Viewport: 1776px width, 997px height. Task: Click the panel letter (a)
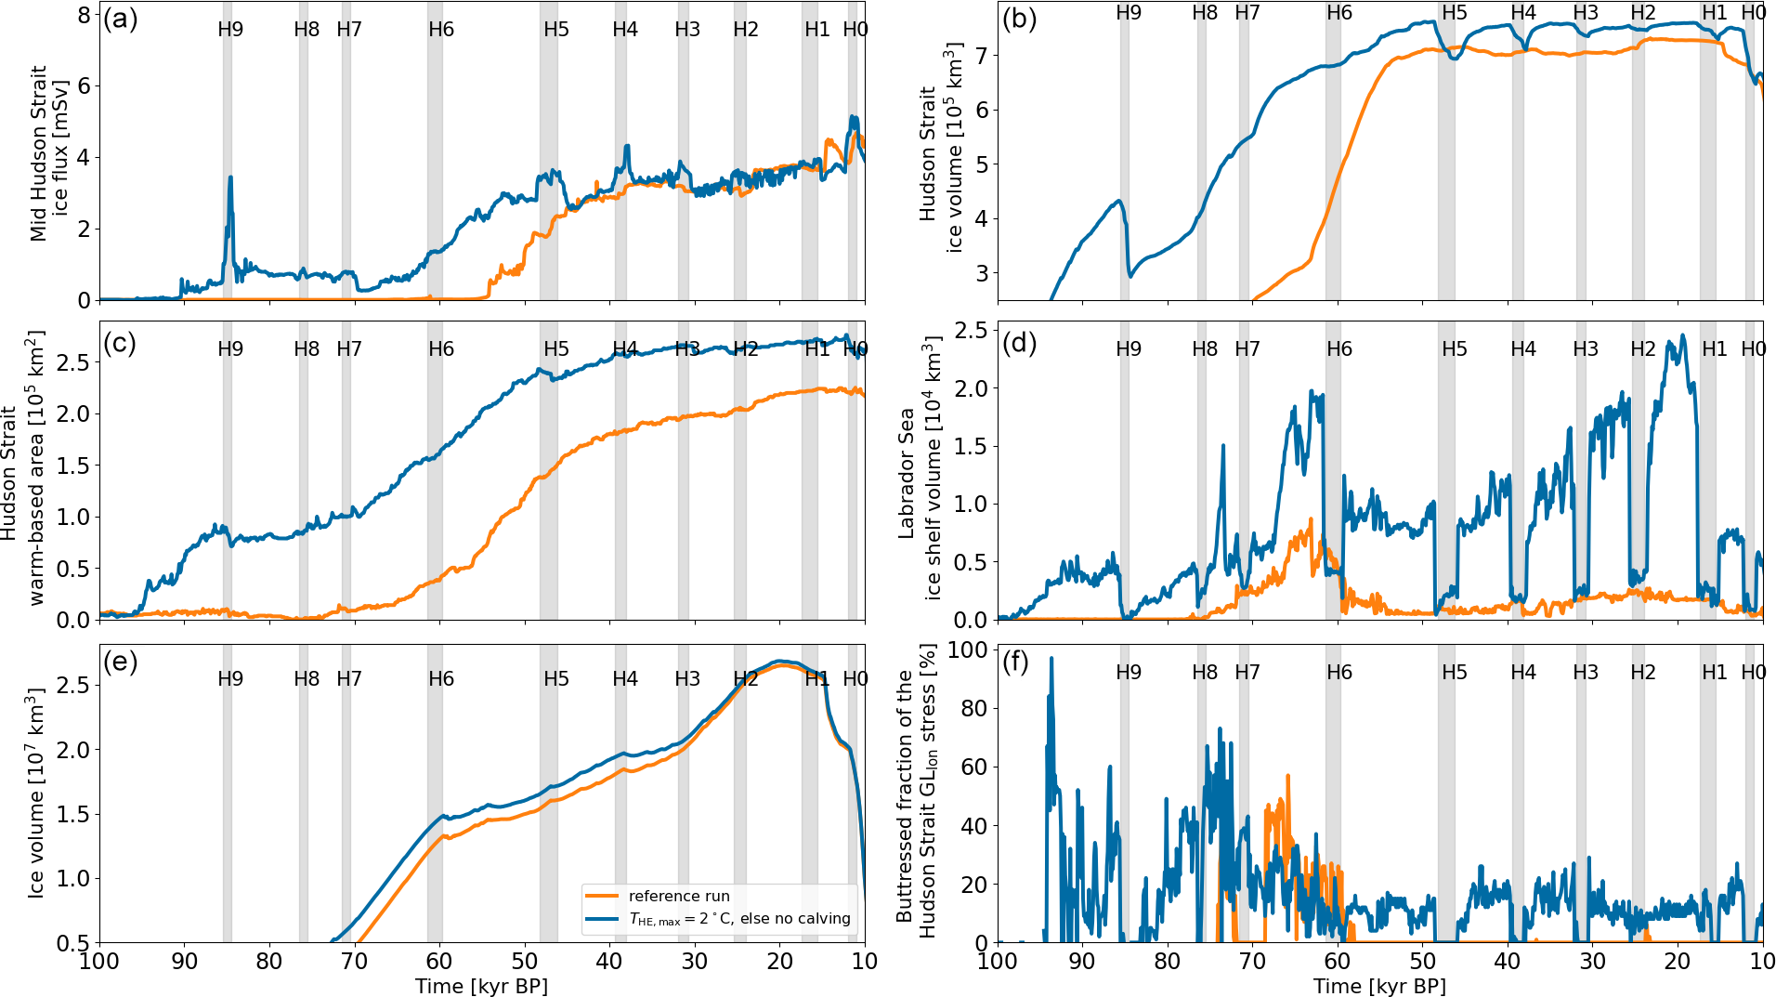tap(120, 20)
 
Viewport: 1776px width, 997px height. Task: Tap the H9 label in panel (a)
tap(230, 30)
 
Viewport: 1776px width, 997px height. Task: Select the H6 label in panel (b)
tap(1339, 13)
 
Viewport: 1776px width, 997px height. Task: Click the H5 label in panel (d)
tap(1455, 349)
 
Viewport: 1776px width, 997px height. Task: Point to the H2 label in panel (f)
tap(1643, 673)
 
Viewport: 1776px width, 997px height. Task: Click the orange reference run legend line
tap(602, 897)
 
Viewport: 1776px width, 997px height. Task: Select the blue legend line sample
tap(602, 919)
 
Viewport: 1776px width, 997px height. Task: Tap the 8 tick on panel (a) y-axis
tap(85, 15)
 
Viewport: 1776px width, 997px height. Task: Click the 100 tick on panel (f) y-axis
tap(968, 650)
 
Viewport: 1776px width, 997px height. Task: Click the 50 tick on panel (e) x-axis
tap(525, 962)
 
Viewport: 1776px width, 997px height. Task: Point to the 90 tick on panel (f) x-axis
tap(1082, 962)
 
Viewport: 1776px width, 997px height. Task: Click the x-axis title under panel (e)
tap(481, 986)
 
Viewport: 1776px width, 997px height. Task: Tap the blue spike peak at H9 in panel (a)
tap(230, 177)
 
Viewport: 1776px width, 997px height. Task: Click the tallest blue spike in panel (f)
tap(1051, 659)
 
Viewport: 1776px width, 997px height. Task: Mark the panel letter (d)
tap(1019, 343)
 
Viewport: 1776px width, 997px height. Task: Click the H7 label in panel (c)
tap(349, 349)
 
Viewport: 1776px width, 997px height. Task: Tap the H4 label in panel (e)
tap(625, 679)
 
